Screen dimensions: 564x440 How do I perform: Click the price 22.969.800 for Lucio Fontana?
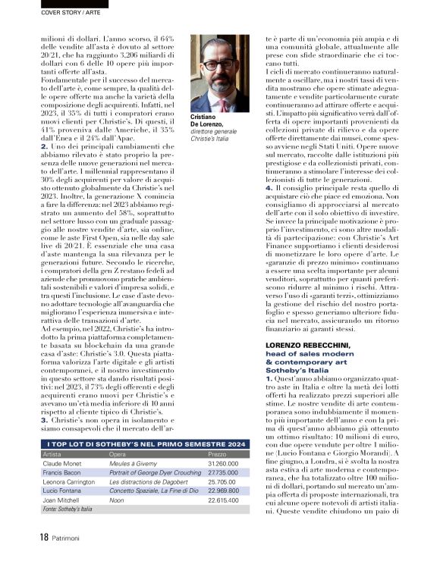coord(225,490)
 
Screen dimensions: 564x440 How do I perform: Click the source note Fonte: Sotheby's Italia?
coord(68,509)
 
